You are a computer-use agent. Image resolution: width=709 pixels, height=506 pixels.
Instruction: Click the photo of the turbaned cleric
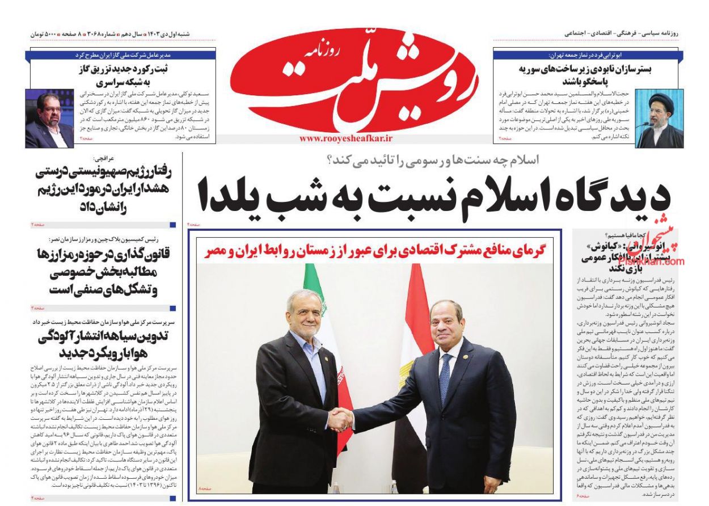(x=659, y=119)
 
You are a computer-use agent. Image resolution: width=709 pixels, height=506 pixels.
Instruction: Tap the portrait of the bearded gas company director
(x=49, y=119)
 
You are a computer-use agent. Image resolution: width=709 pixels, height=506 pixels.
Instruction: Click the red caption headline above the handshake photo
(x=374, y=251)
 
